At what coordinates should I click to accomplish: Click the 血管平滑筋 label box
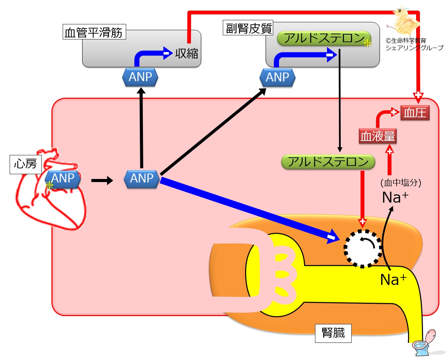tap(94, 32)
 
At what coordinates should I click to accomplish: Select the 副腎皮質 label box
tap(248, 28)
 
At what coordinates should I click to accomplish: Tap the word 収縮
tap(186, 53)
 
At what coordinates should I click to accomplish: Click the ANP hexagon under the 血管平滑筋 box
tap(140, 77)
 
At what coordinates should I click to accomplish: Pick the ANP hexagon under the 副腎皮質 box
tap(277, 77)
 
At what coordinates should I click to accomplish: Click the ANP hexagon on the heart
tap(63, 179)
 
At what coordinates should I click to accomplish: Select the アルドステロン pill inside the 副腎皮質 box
tap(324, 38)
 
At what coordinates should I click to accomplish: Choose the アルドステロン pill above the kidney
tap(328, 162)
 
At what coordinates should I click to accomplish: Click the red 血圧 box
tap(415, 113)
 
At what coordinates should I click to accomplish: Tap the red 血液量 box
tap(377, 136)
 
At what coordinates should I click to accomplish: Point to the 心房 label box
tap(25, 164)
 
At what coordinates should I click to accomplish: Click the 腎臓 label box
tap(333, 333)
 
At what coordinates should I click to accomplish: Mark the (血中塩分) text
tap(401, 182)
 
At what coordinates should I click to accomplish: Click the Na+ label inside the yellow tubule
tap(393, 279)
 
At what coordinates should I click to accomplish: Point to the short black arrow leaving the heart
tap(102, 180)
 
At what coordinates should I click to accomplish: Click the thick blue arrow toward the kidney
tap(247, 209)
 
